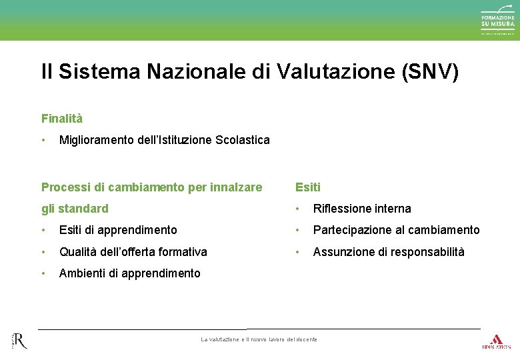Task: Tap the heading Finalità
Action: [62, 119]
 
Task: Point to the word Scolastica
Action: [243, 140]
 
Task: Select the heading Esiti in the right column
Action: [308, 187]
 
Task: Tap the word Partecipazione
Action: [353, 230]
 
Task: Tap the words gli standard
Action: [75, 209]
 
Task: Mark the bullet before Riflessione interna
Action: [297, 209]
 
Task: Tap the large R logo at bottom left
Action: [19, 340]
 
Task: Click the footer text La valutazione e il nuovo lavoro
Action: [259, 339]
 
